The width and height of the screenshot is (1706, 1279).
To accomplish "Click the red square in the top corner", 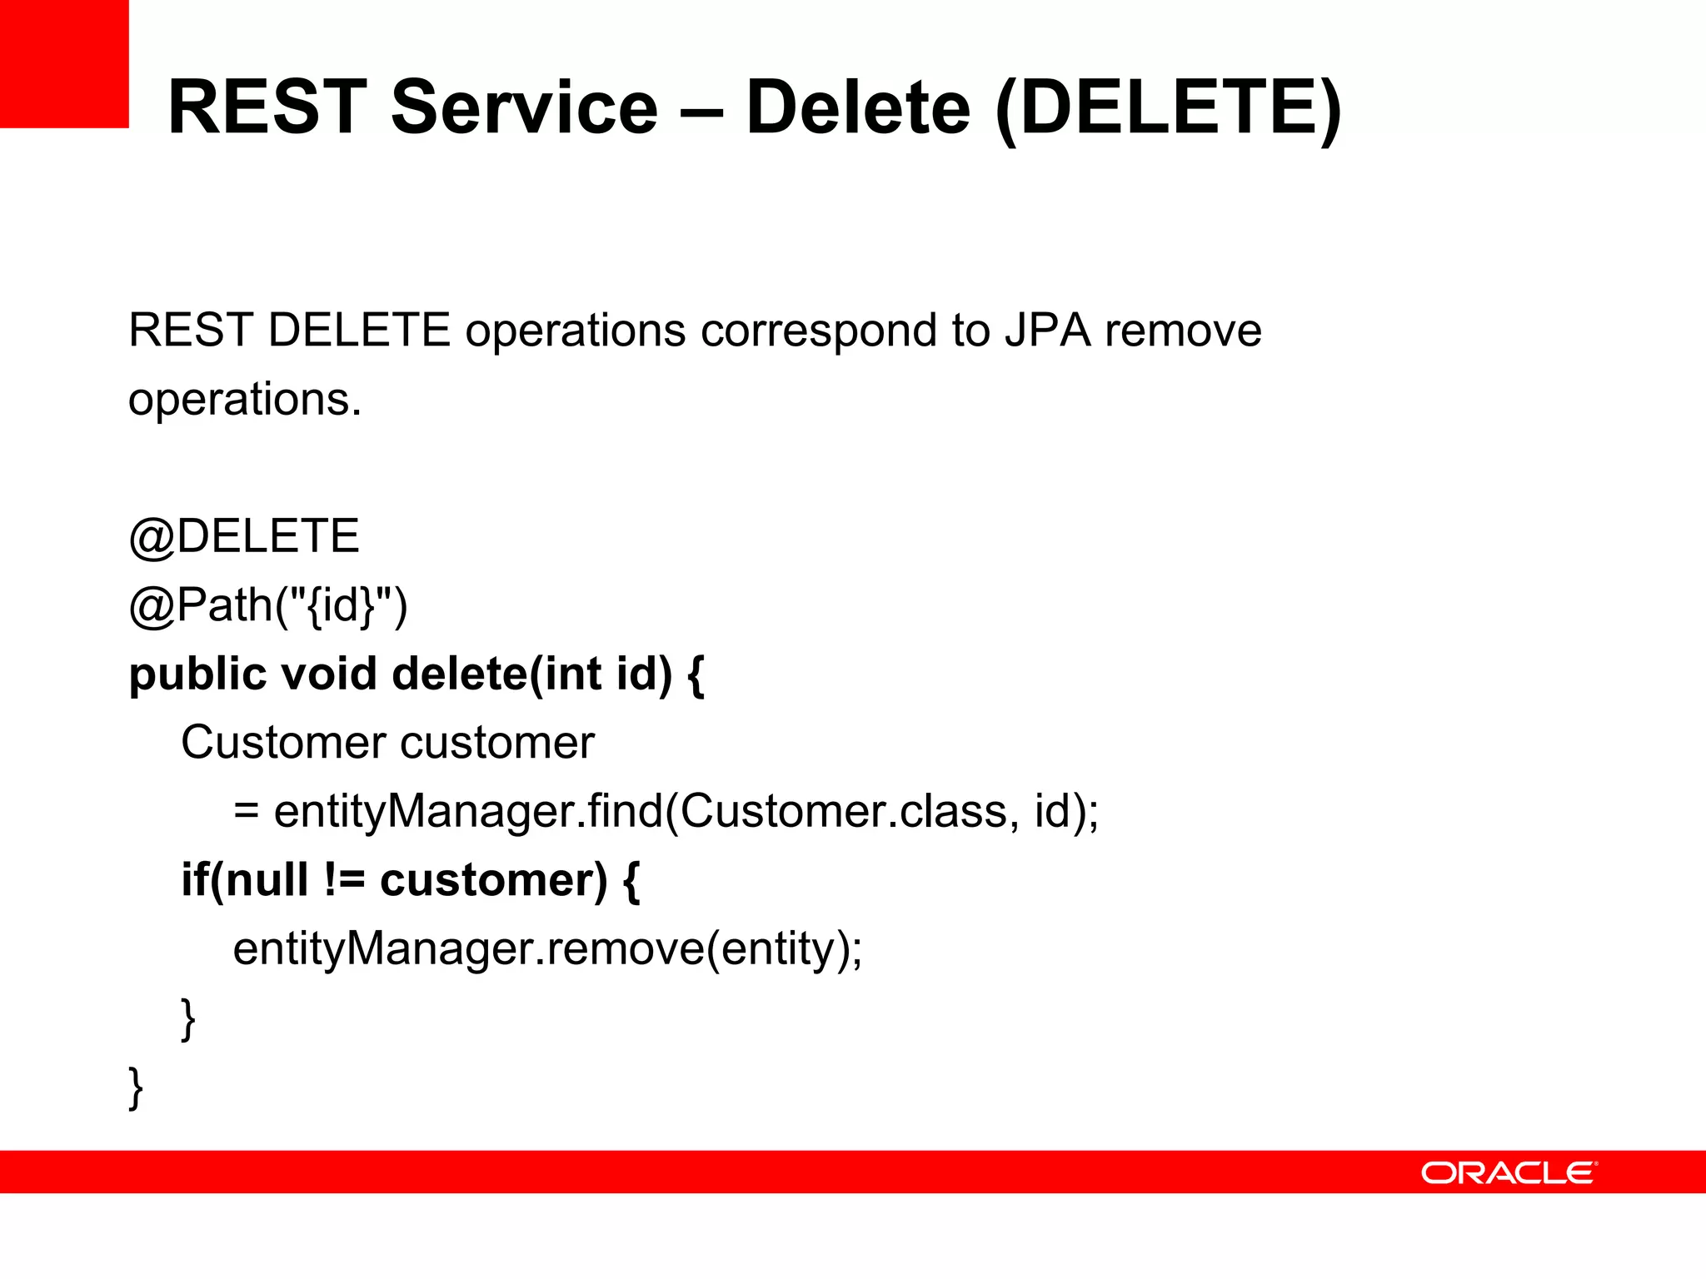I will point(64,63).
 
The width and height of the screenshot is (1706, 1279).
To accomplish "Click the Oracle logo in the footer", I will point(1508,1172).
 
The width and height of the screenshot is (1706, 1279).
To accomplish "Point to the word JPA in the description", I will point(1047,331).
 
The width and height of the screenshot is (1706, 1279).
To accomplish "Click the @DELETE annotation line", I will point(244,536).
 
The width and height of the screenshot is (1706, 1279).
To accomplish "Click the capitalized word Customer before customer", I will point(272,742).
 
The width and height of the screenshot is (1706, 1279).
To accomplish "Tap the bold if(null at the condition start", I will point(244,880).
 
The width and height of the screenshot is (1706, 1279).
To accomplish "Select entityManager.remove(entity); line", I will point(547,949).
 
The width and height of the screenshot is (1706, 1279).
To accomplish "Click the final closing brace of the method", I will point(136,1087).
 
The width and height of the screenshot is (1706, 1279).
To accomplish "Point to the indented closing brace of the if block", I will point(188,1018).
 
